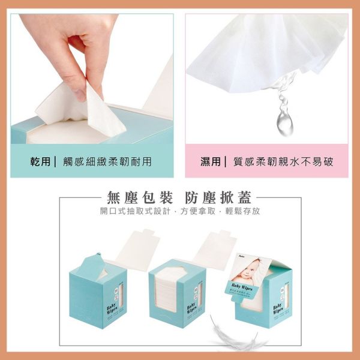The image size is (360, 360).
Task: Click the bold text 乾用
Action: point(41,161)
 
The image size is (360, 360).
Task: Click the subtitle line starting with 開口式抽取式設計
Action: point(180,212)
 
